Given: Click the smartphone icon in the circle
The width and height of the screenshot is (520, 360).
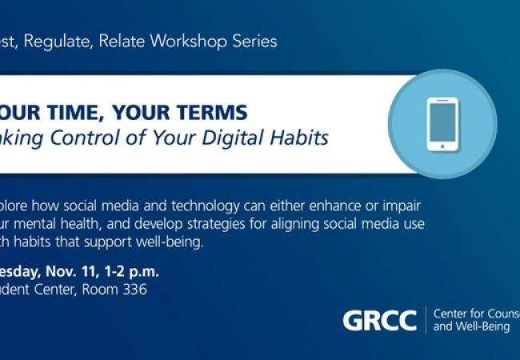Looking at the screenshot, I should pyautogui.click(x=442, y=124).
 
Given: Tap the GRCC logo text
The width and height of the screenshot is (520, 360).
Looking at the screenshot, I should pyautogui.click(x=379, y=321).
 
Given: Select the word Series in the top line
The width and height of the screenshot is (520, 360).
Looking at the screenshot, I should pyautogui.click(x=254, y=41).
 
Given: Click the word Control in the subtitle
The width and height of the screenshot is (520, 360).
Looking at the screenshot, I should pyautogui.click(x=89, y=138).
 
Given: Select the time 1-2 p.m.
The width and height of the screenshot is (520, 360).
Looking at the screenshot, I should pyautogui.click(x=138, y=270).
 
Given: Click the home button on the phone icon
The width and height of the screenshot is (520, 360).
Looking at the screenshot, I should pyautogui.click(x=442, y=146).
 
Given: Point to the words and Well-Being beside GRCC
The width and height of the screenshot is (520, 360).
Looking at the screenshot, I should pyautogui.click(x=471, y=327).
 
